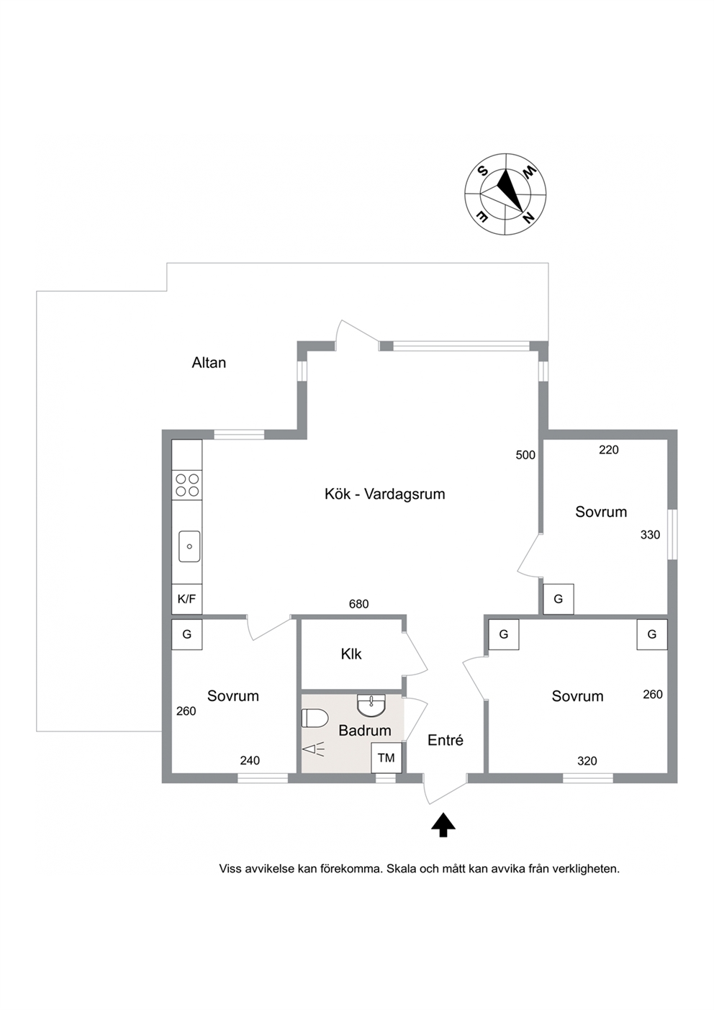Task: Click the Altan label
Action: pos(209,363)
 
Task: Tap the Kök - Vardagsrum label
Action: pos(384,494)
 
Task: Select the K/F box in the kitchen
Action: pos(186,599)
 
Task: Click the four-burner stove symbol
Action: pos(187,484)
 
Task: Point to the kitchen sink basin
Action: pos(189,546)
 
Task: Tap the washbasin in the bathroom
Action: pos(371,705)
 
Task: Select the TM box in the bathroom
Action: pos(386,758)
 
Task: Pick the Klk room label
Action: pos(351,654)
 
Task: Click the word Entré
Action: pos(446,740)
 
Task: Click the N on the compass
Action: pos(528,218)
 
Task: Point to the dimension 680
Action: pos(359,604)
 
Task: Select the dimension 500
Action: pos(525,455)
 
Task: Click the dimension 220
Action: pos(608,449)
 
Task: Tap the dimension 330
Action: pos(650,535)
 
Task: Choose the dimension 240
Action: pos(250,761)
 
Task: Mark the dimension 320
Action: pos(587,761)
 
